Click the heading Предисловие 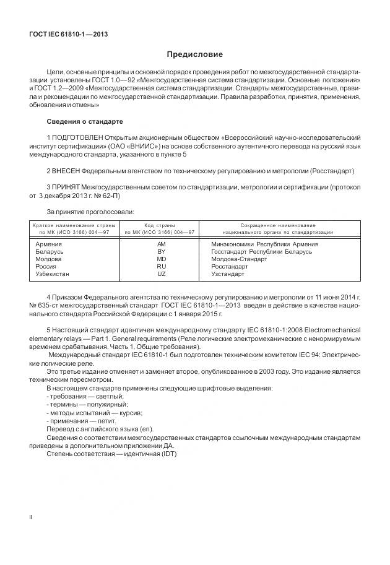[x=194, y=54]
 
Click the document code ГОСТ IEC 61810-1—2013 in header [x=69, y=35]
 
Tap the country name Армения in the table [x=50, y=244]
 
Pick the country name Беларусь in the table [x=50, y=251]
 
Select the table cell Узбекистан [x=53, y=274]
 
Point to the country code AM [x=162, y=244]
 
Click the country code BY [x=162, y=251]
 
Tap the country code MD [x=162, y=259]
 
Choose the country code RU [x=162, y=266]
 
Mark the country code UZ [x=162, y=274]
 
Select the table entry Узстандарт [x=228, y=274]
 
